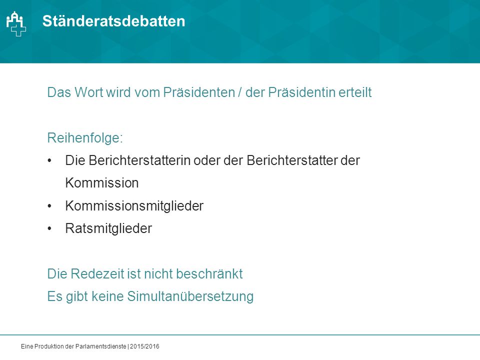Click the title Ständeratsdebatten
[113, 21]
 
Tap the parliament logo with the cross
[16, 24]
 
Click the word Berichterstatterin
[139, 160]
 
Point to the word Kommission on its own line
[102, 183]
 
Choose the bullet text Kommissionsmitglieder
[134, 205]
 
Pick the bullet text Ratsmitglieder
[108, 228]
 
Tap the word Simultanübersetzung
[190, 296]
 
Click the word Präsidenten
[199, 92]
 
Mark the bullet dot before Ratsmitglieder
[49, 228]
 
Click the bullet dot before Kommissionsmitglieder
[49, 206]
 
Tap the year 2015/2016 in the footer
[145, 346]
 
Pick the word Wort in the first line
[88, 92]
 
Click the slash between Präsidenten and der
[240, 92]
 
